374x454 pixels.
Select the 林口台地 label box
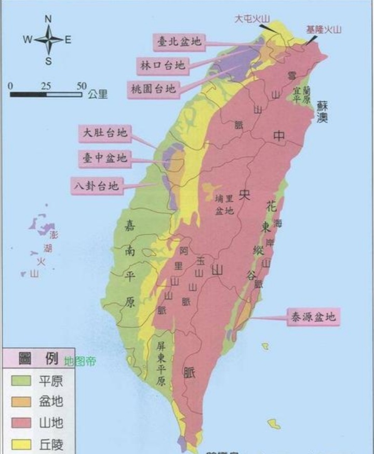(x=163, y=65)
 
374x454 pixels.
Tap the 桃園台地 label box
(x=153, y=88)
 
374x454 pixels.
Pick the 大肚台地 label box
(x=105, y=133)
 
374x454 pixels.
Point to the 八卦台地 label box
(x=97, y=185)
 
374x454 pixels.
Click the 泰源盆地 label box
(x=314, y=316)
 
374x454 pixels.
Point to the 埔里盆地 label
(x=225, y=204)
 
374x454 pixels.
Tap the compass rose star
(x=48, y=40)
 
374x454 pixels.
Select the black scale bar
(x=46, y=95)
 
